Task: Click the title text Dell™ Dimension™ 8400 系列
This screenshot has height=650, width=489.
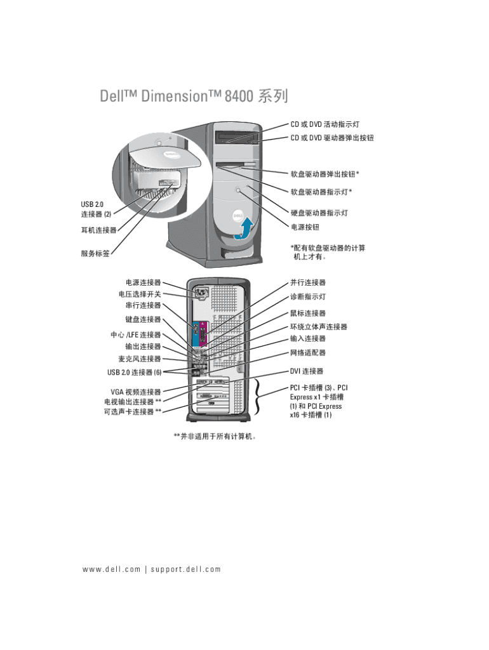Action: tap(194, 96)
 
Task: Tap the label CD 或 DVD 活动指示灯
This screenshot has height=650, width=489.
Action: tap(328, 124)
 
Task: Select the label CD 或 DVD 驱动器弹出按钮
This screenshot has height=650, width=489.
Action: tap(332, 138)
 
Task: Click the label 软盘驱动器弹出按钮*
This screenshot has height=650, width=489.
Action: tap(325, 174)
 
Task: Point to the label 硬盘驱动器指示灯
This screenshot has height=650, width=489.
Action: tap(319, 213)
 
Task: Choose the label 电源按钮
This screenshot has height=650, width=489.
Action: tap(305, 227)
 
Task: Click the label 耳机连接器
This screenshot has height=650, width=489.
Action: tap(98, 230)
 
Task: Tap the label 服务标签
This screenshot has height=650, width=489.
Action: tap(95, 253)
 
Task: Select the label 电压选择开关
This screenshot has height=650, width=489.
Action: tap(140, 295)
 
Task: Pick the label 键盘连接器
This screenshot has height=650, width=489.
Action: tap(143, 319)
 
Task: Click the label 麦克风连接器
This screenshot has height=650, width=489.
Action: tap(139, 359)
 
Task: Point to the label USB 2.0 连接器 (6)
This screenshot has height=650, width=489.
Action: tap(134, 372)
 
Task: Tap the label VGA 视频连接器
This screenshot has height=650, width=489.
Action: tap(135, 392)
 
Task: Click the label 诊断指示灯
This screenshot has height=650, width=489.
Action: tap(308, 296)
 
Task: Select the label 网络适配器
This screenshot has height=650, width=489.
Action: tap(308, 352)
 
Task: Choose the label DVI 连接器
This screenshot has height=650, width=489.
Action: tap(307, 371)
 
